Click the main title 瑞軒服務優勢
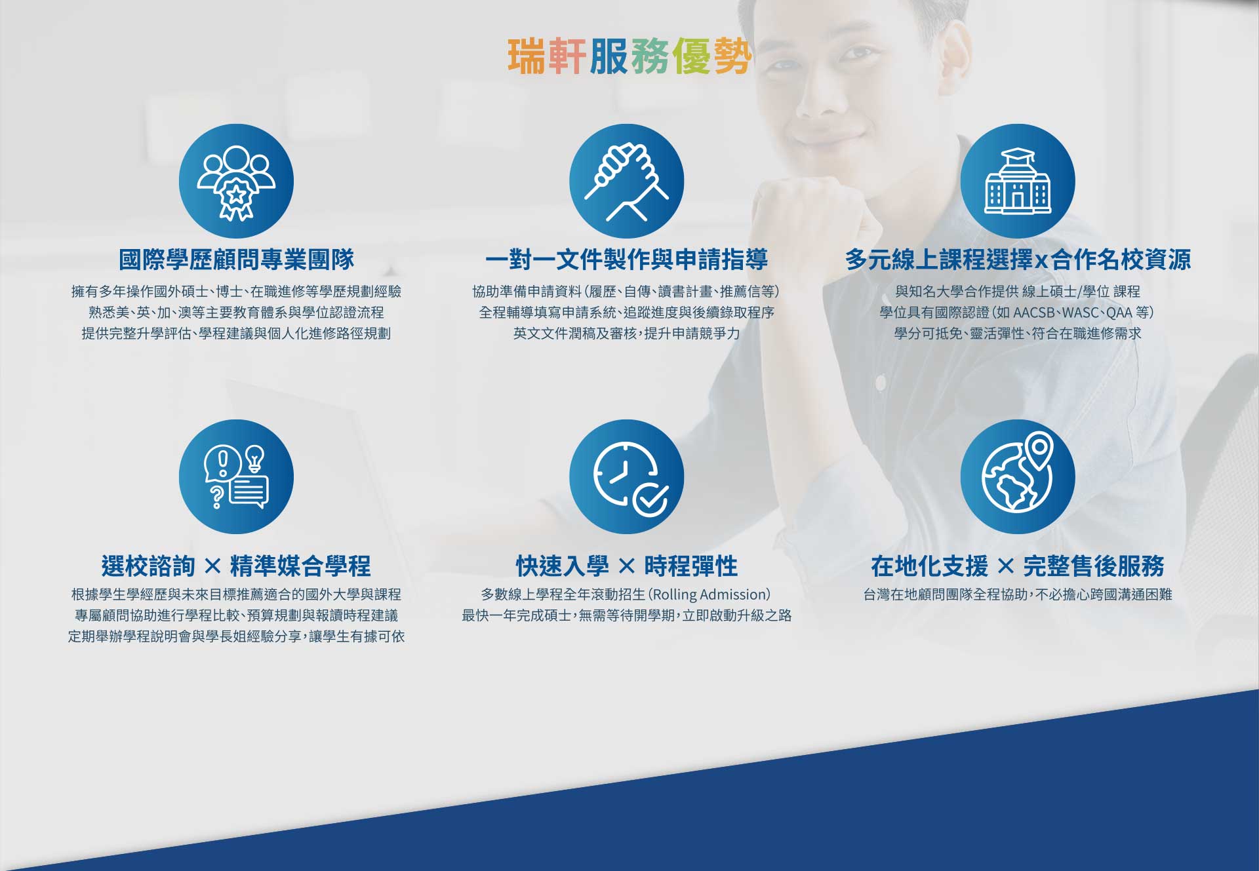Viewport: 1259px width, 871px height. tap(629, 56)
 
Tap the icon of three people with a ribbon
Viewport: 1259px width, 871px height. tap(236, 182)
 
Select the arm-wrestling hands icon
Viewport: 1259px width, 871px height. tap(626, 182)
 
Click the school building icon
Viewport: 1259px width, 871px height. tap(1018, 182)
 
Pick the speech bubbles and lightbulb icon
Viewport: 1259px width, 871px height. tap(236, 476)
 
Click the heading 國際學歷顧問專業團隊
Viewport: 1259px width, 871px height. tap(236, 260)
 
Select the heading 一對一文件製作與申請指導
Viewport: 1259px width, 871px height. tap(626, 260)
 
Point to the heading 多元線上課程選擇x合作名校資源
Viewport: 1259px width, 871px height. tap(1018, 260)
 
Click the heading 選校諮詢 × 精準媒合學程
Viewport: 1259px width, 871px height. tap(236, 566)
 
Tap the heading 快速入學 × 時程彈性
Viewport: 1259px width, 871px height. tap(626, 566)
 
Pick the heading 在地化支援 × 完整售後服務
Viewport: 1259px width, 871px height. tap(1018, 566)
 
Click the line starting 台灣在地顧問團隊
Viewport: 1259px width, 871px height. tap(1018, 595)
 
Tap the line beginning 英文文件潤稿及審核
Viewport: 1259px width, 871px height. tap(626, 334)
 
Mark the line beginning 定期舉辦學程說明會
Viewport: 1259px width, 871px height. tap(236, 636)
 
